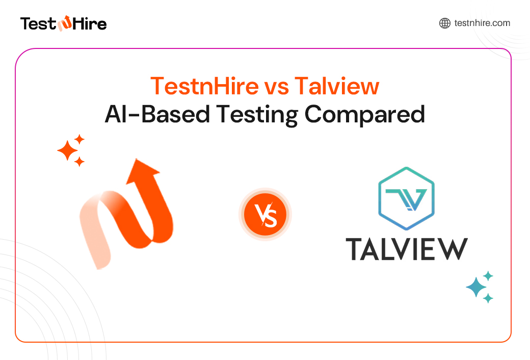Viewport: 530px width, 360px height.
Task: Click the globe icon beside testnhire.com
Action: click(445, 23)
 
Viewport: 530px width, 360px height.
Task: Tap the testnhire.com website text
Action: click(482, 23)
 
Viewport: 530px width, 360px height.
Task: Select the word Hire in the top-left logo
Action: click(90, 23)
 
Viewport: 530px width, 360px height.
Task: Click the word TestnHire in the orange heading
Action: click(204, 86)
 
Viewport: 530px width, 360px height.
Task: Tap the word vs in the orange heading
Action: click(277, 86)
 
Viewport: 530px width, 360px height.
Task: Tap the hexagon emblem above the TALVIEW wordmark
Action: click(406, 197)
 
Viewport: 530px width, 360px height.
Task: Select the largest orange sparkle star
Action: click(67, 151)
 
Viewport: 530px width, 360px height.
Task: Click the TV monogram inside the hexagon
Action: click(406, 199)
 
